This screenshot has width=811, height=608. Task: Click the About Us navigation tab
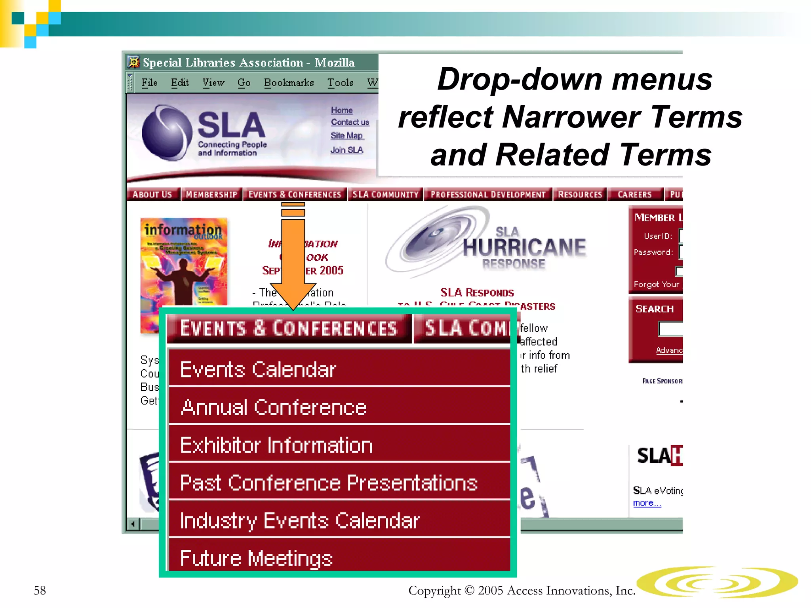(x=152, y=194)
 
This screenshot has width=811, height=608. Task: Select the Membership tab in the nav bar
(x=211, y=194)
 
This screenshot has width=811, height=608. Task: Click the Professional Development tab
(x=488, y=194)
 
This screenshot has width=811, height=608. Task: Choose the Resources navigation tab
(x=580, y=194)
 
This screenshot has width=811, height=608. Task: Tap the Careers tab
(x=634, y=194)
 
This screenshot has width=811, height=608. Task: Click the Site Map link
(x=347, y=136)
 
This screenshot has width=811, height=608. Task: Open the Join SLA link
(x=347, y=150)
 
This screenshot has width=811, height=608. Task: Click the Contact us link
(x=350, y=122)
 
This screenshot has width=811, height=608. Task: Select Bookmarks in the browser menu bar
(x=289, y=83)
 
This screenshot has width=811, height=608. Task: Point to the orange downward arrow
(x=293, y=257)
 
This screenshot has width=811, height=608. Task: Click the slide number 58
(x=40, y=590)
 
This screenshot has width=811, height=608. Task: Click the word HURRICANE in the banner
(x=524, y=247)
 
